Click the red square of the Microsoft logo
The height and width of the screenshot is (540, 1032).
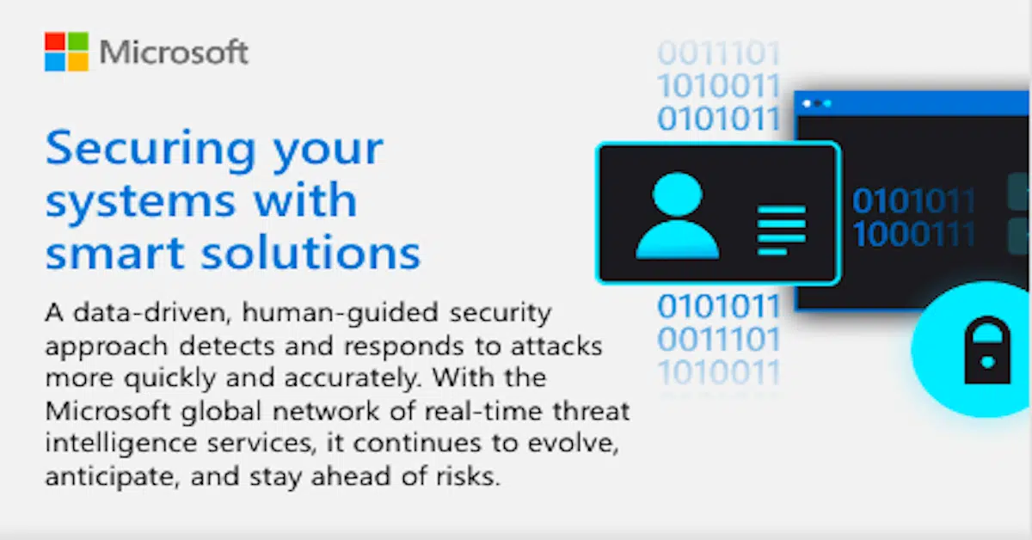pyautogui.click(x=55, y=41)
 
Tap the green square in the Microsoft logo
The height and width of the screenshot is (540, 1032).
pyautogui.click(x=77, y=41)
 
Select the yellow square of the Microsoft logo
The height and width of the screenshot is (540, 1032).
pyautogui.click(x=77, y=62)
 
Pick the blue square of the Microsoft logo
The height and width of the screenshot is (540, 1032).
pyautogui.click(x=55, y=62)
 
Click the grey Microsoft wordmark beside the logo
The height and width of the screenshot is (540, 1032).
pyautogui.click(x=174, y=52)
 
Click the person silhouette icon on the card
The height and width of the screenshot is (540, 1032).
pyautogui.click(x=677, y=216)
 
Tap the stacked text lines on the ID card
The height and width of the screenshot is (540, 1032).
pyautogui.click(x=781, y=229)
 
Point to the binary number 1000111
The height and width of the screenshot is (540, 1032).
pyautogui.click(x=914, y=234)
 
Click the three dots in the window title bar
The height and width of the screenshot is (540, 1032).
pyautogui.click(x=816, y=103)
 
